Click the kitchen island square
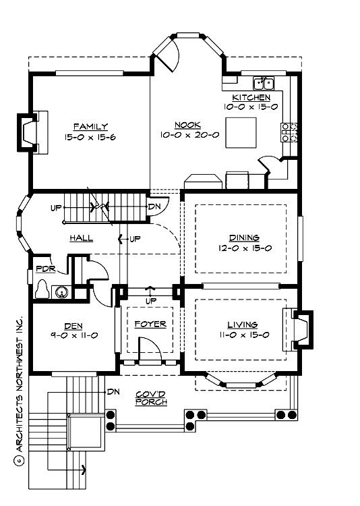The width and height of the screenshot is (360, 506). (x=241, y=132)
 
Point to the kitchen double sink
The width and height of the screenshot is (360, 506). (x=262, y=84)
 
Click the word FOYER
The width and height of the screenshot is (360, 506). (x=150, y=324)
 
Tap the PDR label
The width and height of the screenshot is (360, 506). (x=44, y=269)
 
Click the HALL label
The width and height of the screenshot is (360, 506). (x=81, y=238)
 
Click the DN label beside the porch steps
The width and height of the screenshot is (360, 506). (x=113, y=391)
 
